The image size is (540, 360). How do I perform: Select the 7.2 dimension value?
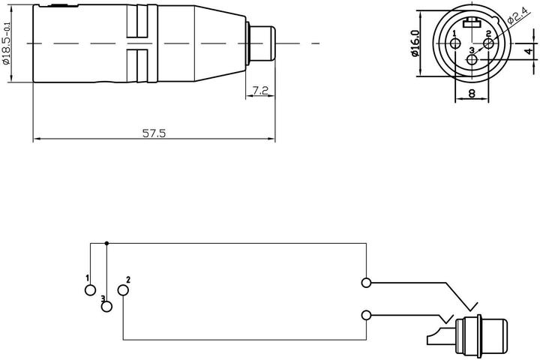[260, 91]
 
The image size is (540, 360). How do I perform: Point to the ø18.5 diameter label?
[8, 44]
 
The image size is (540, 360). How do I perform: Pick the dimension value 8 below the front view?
[471, 94]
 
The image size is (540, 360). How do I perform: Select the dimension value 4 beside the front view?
[528, 51]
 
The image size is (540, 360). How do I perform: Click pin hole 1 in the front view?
[455, 43]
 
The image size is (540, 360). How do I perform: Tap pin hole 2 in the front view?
[488, 43]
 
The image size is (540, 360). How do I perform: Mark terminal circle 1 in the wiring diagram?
[90, 289]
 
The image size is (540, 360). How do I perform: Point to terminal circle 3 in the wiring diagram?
[106, 306]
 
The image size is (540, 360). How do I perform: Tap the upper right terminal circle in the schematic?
[366, 283]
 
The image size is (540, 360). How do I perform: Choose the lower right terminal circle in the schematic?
[366, 315]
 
